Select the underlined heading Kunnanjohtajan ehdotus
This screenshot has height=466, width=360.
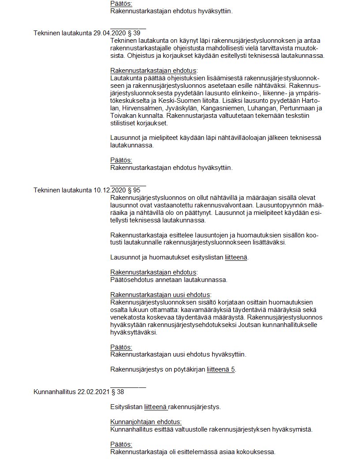tap(146, 422)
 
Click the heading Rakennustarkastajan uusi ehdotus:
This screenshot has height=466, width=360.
tap(161, 295)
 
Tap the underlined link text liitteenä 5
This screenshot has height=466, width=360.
tap(221, 369)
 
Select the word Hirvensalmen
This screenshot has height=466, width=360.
tap(140, 109)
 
